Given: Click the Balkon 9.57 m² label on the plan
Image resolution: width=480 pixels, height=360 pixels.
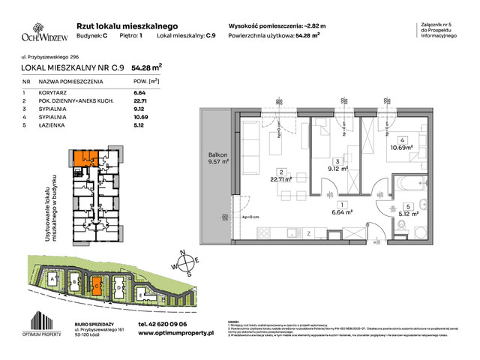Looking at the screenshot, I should pos(217,161).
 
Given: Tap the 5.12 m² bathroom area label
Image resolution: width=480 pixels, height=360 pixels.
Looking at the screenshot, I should pos(407,212).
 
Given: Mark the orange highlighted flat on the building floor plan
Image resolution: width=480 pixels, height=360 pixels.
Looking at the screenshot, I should pos(79,159).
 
